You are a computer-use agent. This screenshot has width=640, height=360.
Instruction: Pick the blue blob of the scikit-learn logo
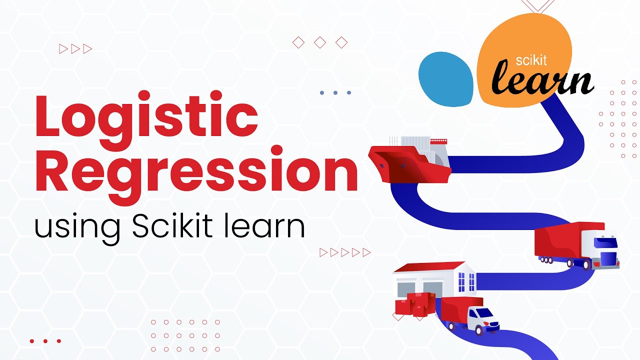pyautogui.click(x=445, y=79)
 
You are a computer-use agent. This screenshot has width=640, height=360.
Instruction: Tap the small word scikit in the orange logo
pyautogui.click(x=531, y=60)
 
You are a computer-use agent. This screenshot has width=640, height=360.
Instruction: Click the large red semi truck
pyautogui.click(x=575, y=245)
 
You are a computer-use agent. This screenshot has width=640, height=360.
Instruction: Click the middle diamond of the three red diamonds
pyautogui.click(x=320, y=43)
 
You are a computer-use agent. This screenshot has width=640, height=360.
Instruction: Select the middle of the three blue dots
pyautogui.click(x=335, y=92)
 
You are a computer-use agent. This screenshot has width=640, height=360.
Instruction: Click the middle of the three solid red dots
pyautogui.click(x=45, y=341)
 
